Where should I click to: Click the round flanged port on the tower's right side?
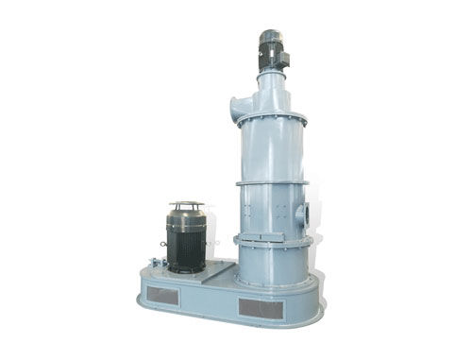(301, 214)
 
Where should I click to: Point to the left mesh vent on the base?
(162, 295)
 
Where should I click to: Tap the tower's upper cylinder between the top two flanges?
(272, 151)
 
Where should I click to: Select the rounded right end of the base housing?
(317, 298)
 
